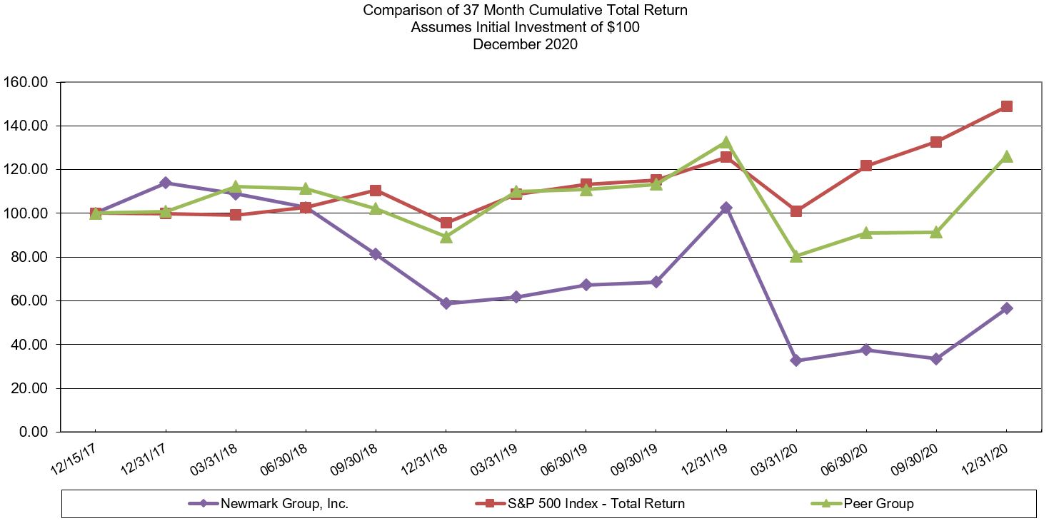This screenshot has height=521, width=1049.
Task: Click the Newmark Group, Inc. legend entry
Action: [x=284, y=503]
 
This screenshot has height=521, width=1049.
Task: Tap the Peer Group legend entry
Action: [x=878, y=503]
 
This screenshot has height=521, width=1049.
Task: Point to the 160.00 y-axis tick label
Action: [x=26, y=82]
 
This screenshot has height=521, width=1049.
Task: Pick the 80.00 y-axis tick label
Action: [x=29, y=257]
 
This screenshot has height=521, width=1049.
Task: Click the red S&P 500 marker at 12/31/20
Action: [x=1007, y=106]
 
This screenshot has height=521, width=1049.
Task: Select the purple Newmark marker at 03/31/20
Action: [x=796, y=360]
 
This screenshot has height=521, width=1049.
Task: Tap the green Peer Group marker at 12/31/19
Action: [x=726, y=142]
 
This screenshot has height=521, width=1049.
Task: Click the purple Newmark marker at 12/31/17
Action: [x=166, y=183]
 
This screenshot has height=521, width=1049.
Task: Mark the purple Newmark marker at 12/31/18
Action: [x=446, y=303]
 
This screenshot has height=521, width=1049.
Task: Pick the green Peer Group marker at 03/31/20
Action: [x=796, y=256]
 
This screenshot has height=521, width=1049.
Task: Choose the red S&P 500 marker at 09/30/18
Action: [x=376, y=191]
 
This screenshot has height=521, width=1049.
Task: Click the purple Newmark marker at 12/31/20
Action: [x=1007, y=308]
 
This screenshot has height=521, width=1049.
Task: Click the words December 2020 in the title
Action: [x=525, y=44]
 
